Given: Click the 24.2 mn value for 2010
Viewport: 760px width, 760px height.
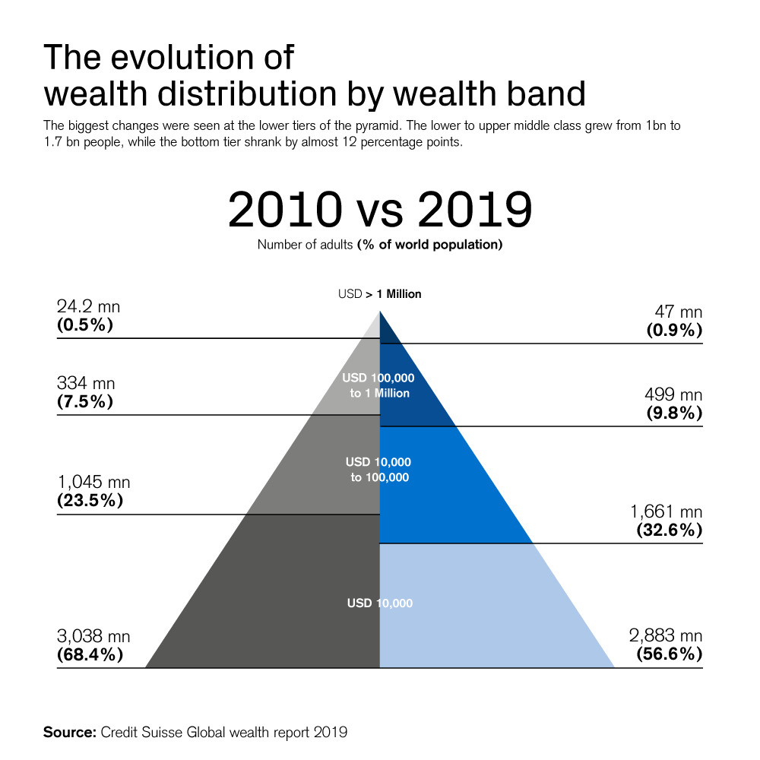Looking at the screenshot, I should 88,307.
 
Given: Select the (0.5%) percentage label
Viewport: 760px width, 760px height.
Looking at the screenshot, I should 85,325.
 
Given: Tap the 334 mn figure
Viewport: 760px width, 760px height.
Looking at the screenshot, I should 86,384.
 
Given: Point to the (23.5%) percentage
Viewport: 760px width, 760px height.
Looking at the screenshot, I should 90,501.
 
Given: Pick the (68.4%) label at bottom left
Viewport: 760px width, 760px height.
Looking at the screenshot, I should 90,654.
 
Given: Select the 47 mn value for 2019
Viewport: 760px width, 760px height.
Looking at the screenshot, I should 679,312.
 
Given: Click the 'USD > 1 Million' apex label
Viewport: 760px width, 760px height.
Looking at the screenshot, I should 379,294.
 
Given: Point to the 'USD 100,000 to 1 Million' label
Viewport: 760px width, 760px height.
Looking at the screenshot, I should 379,385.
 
